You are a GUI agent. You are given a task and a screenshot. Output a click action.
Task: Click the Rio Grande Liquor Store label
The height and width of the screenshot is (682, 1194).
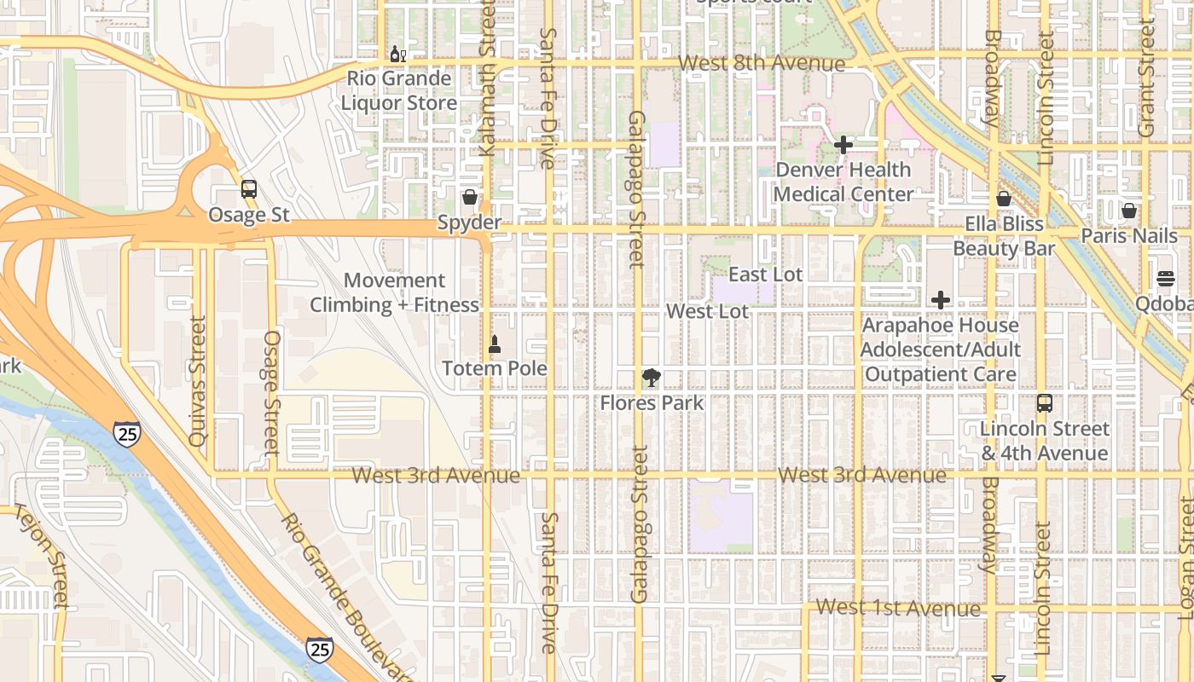coord(398,91)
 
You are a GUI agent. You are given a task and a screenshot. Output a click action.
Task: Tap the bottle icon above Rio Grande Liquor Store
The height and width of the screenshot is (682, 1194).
coord(397,55)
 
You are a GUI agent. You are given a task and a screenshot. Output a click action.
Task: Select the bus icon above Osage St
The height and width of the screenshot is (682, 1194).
coord(248,189)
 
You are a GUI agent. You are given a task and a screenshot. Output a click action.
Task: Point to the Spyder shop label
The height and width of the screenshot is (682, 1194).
coord(469,223)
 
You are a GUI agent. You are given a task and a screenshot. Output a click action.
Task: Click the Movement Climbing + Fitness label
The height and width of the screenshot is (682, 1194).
coord(394,292)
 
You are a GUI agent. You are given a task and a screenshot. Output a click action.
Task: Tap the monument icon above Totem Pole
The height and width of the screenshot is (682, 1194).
coord(494,344)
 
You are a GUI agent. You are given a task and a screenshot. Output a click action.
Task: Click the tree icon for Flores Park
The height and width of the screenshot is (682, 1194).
coord(652,378)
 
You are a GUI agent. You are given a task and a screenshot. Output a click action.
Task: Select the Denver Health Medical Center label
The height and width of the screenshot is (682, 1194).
coord(843,182)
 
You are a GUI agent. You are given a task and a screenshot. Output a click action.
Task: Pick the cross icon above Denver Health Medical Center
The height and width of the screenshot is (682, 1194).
coord(843,145)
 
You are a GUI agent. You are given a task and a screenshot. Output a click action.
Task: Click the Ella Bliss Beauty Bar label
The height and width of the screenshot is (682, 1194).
coord(1004,236)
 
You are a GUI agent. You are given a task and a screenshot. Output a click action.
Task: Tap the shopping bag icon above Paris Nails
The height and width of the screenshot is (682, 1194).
coord(1129,211)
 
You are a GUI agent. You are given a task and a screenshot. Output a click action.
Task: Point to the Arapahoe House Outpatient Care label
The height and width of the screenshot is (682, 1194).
coord(940,350)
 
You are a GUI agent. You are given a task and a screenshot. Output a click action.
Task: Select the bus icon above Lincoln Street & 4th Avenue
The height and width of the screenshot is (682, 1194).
coord(1044,403)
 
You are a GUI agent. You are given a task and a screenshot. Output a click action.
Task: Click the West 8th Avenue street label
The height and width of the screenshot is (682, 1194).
coord(762,63)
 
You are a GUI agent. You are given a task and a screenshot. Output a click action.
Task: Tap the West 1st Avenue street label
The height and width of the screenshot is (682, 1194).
coord(898,608)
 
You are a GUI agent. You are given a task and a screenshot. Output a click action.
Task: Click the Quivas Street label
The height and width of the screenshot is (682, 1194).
coord(198,380)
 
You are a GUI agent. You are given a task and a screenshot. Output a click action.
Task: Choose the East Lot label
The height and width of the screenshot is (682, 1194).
coord(766,275)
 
